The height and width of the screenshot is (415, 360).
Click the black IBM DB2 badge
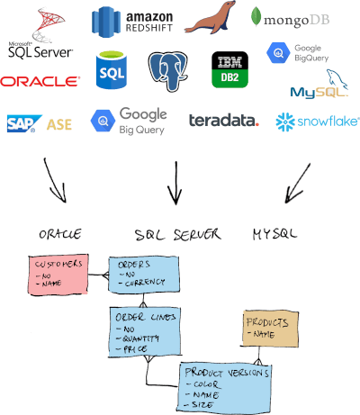pyautogui.click(x=229, y=68)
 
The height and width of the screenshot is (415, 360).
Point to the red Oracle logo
pyautogui.click(x=40, y=82)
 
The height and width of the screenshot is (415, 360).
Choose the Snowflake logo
pyautogui.click(x=310, y=121)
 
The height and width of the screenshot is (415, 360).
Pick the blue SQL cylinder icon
pyautogui.click(x=112, y=68)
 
